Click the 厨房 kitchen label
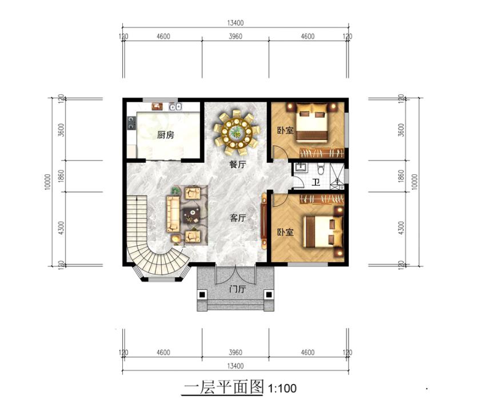coord(166,135)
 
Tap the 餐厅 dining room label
coord(237,165)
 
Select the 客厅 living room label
coord(237,218)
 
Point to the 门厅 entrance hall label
coord(237,289)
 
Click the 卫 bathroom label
coord(316,182)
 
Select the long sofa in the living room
coord(173,214)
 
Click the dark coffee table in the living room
coord(191,216)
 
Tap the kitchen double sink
coord(175,107)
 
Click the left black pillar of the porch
coord(202,294)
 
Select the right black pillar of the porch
coord(269,294)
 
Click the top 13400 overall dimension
coord(235,23)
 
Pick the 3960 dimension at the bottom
coord(235,352)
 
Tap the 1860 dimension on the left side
coord(61,176)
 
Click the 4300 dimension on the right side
coord(401,228)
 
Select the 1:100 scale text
coord(282,388)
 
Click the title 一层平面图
coord(223,387)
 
